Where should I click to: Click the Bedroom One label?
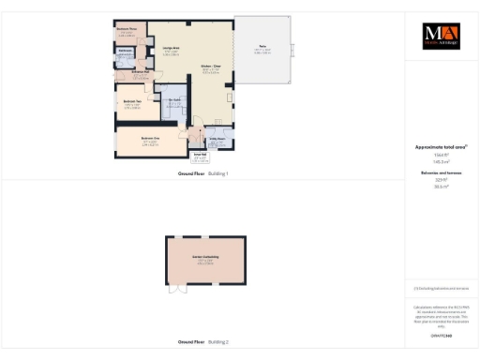150,140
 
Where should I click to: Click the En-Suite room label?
172,102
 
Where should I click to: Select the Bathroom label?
125,50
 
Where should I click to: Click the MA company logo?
441,36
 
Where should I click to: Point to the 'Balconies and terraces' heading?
441,173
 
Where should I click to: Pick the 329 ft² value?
441,181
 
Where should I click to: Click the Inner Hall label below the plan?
199,157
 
